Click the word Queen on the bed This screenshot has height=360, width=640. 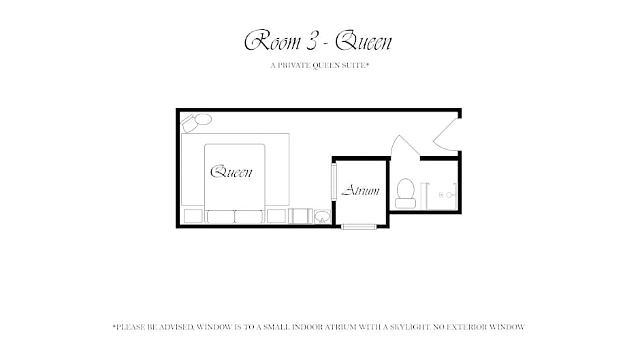click(x=231, y=172)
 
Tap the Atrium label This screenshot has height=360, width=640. click(x=360, y=190)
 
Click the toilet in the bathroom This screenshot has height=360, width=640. click(x=405, y=193)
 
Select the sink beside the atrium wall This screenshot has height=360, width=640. click(x=323, y=216)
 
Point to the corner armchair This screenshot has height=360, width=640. click(x=189, y=124)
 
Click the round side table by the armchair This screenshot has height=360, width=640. click(x=204, y=119)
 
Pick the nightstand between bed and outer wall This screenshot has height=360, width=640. click(x=193, y=216)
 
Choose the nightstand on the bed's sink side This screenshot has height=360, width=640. click(x=276, y=216)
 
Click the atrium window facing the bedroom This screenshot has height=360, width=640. click(x=334, y=182)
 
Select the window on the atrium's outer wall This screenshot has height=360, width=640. click(x=359, y=227)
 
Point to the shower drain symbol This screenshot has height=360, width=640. click(x=441, y=195)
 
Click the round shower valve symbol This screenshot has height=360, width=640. click(x=449, y=195)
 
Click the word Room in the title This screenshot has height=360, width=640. click(x=272, y=41)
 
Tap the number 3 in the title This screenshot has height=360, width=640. click(x=311, y=42)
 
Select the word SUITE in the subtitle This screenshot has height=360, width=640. click(x=353, y=65)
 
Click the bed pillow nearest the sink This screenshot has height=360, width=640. click(x=249, y=216)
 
